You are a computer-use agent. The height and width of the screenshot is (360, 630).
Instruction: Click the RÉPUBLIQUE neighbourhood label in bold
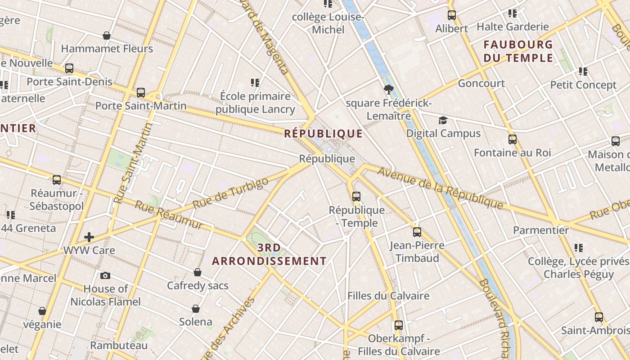click(x=323, y=134)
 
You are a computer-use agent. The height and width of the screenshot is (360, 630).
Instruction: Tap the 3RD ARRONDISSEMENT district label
click(x=269, y=254)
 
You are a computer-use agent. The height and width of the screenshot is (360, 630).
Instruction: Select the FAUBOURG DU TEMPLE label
click(x=518, y=51)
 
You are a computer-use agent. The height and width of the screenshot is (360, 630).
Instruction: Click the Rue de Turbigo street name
click(x=230, y=193)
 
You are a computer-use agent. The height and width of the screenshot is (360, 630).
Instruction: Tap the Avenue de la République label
click(x=440, y=188)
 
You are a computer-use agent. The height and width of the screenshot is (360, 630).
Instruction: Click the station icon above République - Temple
click(x=356, y=197)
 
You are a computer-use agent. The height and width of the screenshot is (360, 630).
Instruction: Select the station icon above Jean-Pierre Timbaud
click(x=417, y=232)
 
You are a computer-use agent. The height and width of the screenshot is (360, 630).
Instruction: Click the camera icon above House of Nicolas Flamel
click(x=105, y=275)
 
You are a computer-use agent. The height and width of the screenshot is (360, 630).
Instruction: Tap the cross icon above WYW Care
click(x=89, y=237)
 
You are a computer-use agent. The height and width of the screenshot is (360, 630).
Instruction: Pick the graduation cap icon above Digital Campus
click(x=443, y=120)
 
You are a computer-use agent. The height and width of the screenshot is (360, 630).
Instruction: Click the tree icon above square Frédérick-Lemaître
click(x=389, y=90)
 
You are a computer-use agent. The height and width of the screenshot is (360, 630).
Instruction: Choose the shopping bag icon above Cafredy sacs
click(x=198, y=272)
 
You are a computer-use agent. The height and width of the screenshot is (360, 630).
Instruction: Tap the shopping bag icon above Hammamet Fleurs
click(x=107, y=36)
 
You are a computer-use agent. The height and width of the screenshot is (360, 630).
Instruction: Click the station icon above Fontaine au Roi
click(x=512, y=139)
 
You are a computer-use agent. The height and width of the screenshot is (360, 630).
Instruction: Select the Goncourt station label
click(x=481, y=83)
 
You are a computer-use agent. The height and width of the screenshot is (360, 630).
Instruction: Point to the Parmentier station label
click(x=541, y=230)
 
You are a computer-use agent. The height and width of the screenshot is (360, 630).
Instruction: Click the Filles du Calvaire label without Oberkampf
click(x=388, y=296)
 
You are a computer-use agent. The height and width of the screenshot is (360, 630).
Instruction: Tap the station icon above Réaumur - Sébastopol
click(x=57, y=180)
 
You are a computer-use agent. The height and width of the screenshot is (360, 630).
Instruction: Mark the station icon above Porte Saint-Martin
click(x=141, y=93)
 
